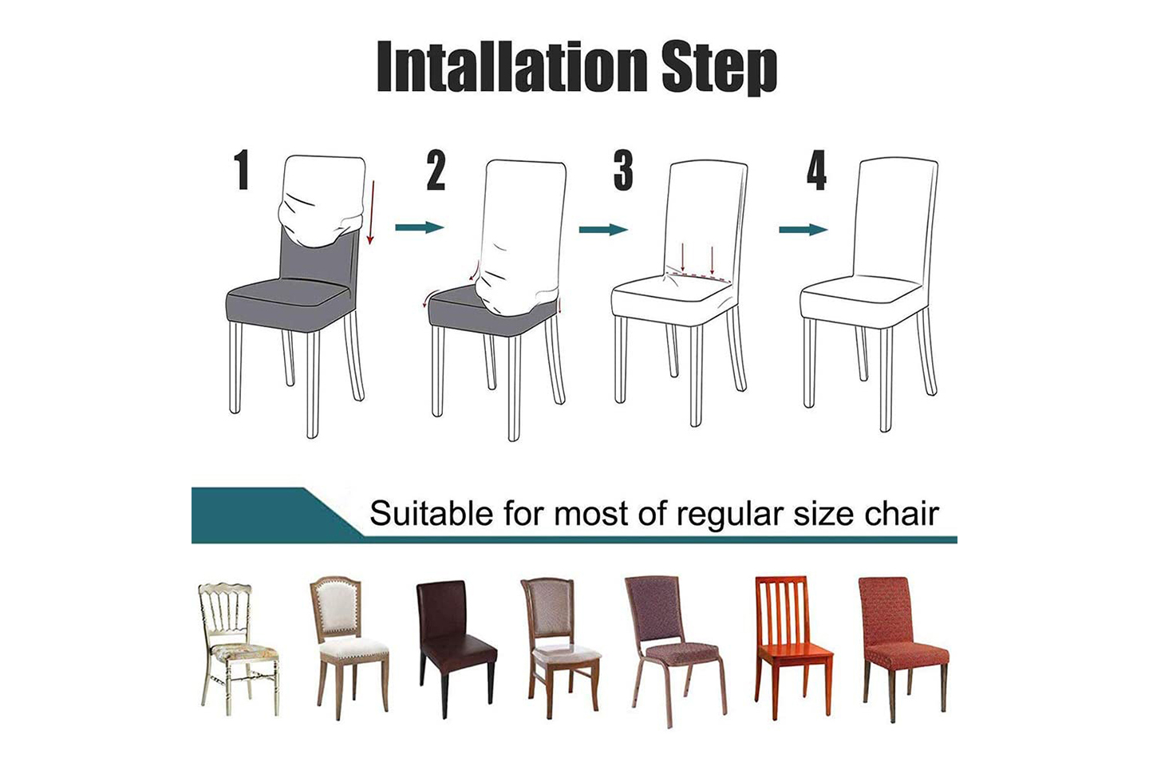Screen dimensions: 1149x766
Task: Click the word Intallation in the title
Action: point(511,67)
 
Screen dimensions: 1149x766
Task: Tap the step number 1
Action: point(241,170)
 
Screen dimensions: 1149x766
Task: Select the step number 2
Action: point(436,170)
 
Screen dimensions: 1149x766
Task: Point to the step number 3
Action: point(623,170)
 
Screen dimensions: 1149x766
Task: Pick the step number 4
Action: point(816,170)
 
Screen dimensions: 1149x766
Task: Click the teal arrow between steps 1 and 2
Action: point(419,227)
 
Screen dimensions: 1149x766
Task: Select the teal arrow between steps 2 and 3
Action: point(603,229)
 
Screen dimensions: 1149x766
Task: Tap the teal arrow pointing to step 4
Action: point(804,229)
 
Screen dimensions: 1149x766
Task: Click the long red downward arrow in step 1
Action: point(371,212)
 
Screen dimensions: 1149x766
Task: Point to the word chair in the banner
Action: point(902,513)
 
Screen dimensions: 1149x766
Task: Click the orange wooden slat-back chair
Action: point(793,647)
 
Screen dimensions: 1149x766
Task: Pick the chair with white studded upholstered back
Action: point(349,647)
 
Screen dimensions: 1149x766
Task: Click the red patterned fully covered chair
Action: point(902,650)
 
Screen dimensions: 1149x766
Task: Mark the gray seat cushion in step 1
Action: point(290,304)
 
